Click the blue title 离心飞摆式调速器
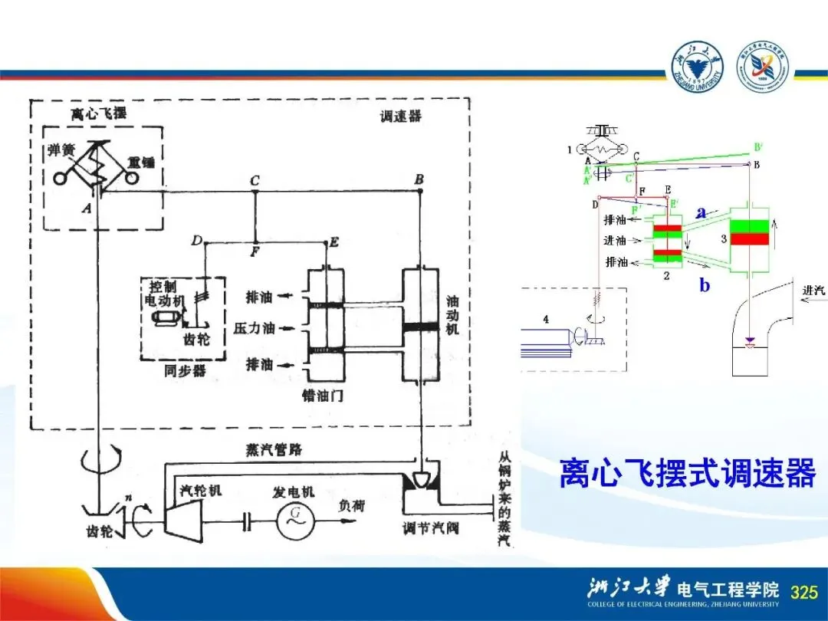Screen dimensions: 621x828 [687, 473]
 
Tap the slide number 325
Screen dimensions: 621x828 [803, 592]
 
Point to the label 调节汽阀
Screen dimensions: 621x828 [431, 528]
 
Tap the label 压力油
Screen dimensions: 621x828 [253, 329]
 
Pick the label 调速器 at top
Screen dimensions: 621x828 [400, 117]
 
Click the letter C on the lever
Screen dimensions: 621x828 [255, 180]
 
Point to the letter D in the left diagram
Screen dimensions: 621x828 [197, 242]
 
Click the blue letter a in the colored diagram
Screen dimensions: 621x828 [701, 214]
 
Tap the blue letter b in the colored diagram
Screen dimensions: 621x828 [705, 286]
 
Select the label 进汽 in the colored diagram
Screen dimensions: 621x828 [814, 291]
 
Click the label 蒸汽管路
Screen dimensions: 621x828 [268, 450]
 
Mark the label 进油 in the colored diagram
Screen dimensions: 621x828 [615, 241]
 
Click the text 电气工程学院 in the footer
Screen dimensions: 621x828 [728, 590]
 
